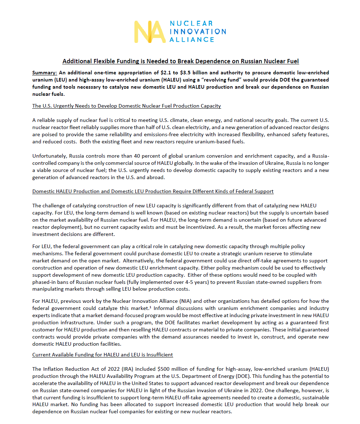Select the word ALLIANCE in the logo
[191, 39]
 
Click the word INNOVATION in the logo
[198, 31]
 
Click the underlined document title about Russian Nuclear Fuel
[180, 61]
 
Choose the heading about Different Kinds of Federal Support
[153, 191]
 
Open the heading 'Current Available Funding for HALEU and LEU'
[102, 355]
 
